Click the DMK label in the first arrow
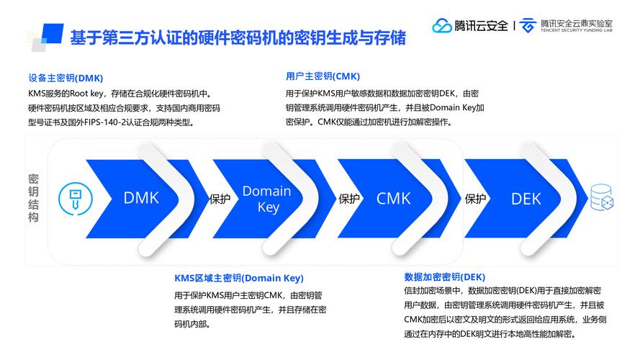pos(140,198)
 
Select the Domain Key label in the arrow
pos(266,199)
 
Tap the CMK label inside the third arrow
pos(393,198)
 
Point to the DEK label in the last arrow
pos(526,199)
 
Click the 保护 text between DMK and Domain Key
pos(220,199)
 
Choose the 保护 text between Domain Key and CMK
pos(349,199)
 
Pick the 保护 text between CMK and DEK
pos(475,199)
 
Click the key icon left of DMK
pos(73,198)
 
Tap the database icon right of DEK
pos(601,197)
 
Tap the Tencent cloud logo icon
pos(441,26)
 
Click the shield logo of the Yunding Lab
pos(528,26)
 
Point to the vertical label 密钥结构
pos(33,198)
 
